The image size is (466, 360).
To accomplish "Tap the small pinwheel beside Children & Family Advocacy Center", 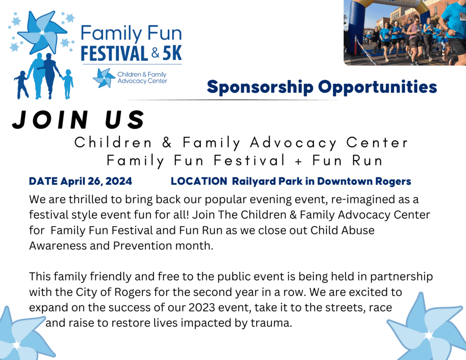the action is pos(104,78).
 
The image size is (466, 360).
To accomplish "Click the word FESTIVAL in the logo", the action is pos(114,54).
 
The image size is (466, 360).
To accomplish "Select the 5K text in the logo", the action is pos(172,54).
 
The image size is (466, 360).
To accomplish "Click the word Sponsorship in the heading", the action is pos(260,87).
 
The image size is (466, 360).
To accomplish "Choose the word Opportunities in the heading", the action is pos(377,87).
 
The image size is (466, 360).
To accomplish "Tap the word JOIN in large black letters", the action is pos(51,120).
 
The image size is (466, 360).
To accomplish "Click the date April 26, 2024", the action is pos(96,181).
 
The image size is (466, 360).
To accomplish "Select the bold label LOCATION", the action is pos(199,181).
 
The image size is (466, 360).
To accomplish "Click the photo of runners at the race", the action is pos(405,32).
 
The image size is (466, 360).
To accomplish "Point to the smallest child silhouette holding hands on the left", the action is pos(21,85).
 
